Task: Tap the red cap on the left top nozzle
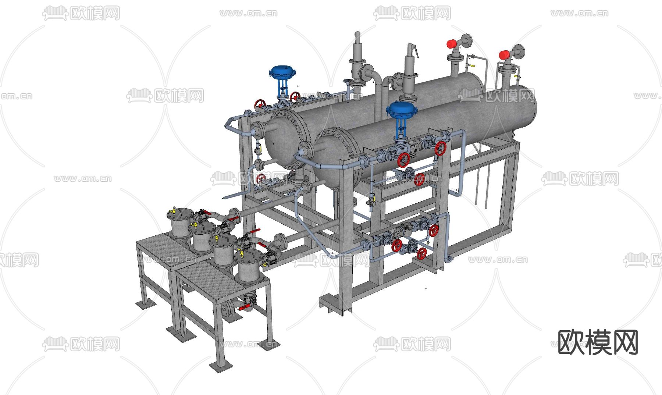(x=452, y=44)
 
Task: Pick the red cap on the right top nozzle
(x=504, y=55)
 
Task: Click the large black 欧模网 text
(x=598, y=342)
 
